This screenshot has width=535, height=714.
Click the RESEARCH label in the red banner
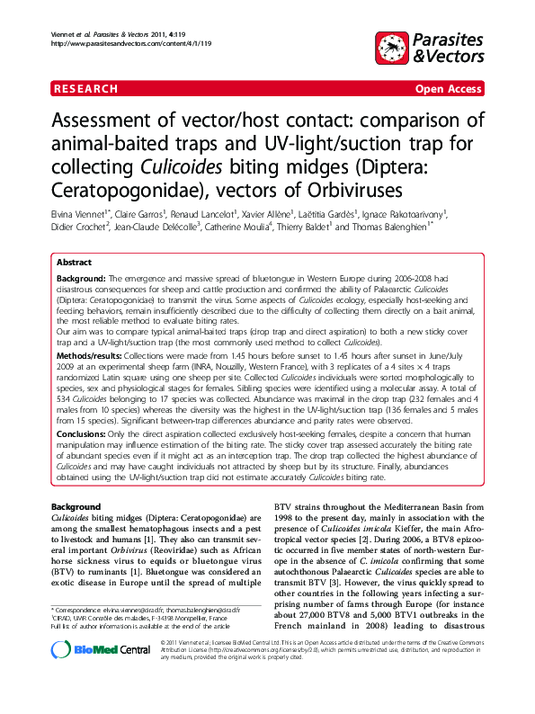click(x=85, y=89)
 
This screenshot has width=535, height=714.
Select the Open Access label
click(x=448, y=89)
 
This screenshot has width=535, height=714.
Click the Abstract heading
click(x=74, y=262)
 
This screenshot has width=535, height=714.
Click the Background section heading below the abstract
click(x=76, y=508)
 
